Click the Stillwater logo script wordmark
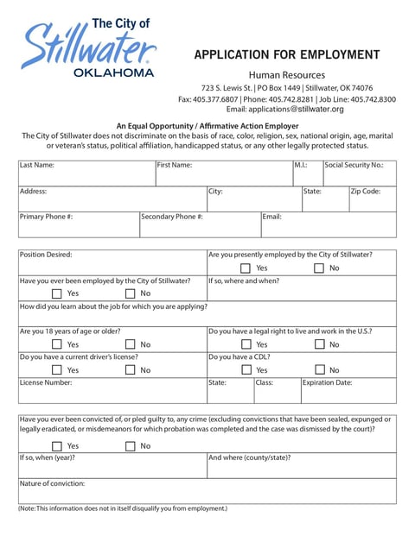tap(86, 47)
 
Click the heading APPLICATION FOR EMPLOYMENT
tap(286, 55)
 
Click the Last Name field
tap(86, 177)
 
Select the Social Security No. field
tap(359, 177)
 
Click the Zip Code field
tap(372, 203)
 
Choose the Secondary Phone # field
tap(200, 228)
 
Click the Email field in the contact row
tap(329, 228)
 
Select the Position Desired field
tap(112, 266)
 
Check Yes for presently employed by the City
tap(246, 268)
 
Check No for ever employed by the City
tap(130, 293)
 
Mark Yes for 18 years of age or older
tap(57, 344)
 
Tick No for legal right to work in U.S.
tap(319, 344)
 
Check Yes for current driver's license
tap(57, 370)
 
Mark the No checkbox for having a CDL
tap(319, 370)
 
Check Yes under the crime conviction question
tap(57, 446)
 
